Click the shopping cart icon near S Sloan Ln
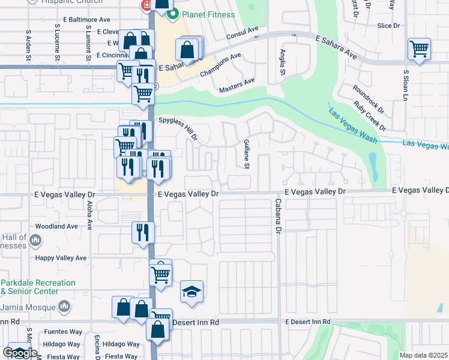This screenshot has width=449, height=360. (419, 49)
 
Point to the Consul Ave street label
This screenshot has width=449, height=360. (242, 33)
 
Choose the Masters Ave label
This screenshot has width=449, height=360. (237, 85)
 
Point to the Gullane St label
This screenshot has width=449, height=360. (246, 153)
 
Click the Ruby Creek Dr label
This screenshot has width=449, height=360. (369, 115)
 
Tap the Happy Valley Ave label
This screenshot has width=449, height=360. (61, 258)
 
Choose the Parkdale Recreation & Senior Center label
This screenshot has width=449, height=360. (37, 287)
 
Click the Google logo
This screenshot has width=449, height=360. (20, 353)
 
